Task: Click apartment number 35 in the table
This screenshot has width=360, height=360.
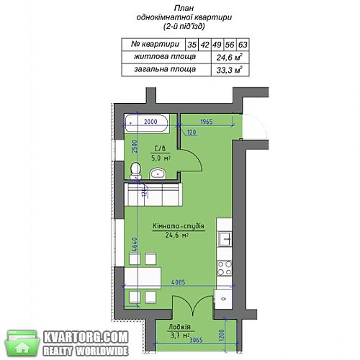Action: pyautogui.click(x=192, y=45)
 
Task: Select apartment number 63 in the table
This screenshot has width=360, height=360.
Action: pyautogui.click(x=243, y=45)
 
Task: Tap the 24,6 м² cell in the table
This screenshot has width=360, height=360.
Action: pyautogui.click(x=230, y=58)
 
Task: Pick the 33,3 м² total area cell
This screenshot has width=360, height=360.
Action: pyautogui.click(x=230, y=70)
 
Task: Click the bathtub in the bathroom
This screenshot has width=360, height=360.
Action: pyautogui.click(x=147, y=123)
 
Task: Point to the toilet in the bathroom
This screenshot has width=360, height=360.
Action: pyautogui.click(x=135, y=171)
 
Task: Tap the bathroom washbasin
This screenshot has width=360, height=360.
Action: pyautogui.click(x=158, y=174)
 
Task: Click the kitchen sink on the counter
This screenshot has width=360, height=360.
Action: pyautogui.click(x=225, y=239)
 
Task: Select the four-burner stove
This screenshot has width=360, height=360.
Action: pyautogui.click(x=225, y=268)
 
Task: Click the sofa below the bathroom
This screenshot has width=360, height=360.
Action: pyautogui.click(x=153, y=194)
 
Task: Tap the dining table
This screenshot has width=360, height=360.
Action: pyautogui.click(x=143, y=279)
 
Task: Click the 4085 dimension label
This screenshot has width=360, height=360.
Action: pyautogui.click(x=179, y=282)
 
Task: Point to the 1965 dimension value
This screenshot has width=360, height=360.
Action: pyautogui.click(x=207, y=122)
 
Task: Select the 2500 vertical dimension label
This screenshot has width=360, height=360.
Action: pyautogui.click(x=135, y=147)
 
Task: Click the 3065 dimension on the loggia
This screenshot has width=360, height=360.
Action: pyautogui.click(x=196, y=340)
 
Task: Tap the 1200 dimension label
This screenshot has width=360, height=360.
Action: pyautogui.click(x=222, y=336)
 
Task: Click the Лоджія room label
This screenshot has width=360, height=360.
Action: pyautogui.click(x=179, y=327)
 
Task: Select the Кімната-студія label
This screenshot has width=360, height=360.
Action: pyautogui.click(x=179, y=226)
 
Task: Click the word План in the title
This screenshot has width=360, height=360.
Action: pyautogui.click(x=184, y=8)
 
